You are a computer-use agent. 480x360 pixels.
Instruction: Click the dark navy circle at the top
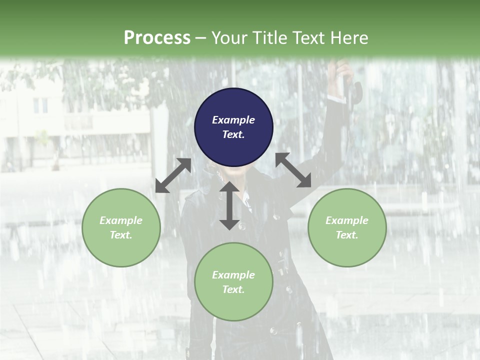(233, 127)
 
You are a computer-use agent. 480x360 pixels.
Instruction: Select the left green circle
(121, 227)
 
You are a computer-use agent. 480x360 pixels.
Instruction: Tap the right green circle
(347, 227)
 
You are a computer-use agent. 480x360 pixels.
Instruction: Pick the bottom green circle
(233, 281)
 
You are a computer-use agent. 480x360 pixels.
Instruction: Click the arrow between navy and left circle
(173, 175)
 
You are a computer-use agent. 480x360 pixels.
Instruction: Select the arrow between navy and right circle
(293, 170)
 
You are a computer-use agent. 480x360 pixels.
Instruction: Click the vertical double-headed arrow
(229, 206)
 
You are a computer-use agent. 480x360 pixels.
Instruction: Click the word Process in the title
(157, 37)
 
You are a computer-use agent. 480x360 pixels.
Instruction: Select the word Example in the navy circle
(233, 120)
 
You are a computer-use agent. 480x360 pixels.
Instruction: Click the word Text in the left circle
(121, 235)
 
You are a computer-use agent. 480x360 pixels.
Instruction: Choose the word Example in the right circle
(347, 220)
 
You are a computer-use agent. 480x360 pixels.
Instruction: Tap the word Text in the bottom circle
(233, 289)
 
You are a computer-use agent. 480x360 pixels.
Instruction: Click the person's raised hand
(343, 69)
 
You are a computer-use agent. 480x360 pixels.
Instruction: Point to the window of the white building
(40, 104)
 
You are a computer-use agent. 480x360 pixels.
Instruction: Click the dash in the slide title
(201, 38)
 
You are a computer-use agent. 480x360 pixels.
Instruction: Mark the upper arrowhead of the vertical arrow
(229, 188)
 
